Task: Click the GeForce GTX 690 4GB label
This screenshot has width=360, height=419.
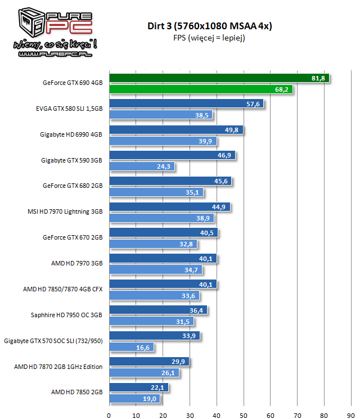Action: click(73, 83)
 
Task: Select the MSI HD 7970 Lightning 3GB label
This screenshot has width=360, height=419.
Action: click(65, 212)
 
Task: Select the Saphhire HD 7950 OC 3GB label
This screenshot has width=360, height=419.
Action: click(66, 316)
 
